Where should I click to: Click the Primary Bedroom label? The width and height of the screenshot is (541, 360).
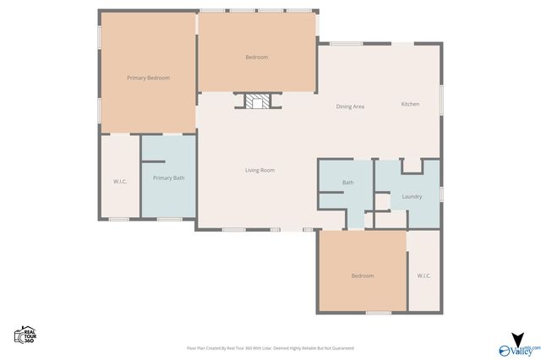148,78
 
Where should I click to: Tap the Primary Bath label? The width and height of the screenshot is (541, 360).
168,177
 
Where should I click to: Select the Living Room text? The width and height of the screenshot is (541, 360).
260,170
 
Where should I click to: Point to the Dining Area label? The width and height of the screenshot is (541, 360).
350,106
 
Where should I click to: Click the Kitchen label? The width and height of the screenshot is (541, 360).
410,104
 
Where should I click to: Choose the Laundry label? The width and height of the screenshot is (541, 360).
412,196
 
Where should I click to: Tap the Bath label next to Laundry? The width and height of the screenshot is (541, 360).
347,183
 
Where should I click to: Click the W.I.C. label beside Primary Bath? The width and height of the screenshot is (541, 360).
120,181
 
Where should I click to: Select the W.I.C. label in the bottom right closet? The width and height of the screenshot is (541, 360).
424,275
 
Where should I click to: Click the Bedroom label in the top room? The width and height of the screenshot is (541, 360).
256,57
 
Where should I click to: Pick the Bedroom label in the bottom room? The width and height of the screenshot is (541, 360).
363,275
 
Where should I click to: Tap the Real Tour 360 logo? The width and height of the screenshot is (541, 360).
25,335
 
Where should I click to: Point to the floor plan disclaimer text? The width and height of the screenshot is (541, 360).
270,347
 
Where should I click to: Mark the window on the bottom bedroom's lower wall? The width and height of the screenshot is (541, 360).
378,313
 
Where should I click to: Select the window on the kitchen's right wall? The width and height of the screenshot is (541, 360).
440,91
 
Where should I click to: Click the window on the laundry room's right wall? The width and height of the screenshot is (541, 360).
440,194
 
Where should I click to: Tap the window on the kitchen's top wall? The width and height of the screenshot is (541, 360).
346,43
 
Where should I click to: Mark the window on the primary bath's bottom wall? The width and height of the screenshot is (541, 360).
168,219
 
